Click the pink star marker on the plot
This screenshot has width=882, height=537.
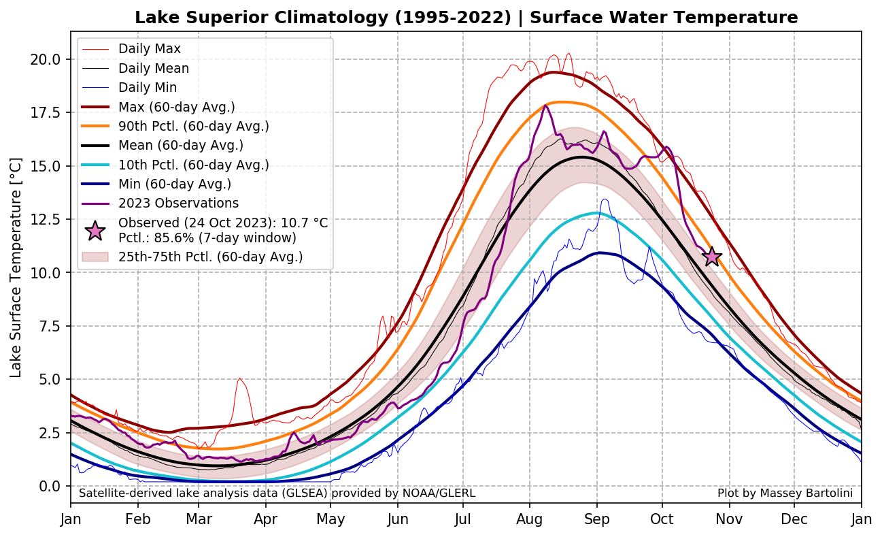(x=712, y=257)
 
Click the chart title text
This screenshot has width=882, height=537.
(x=466, y=18)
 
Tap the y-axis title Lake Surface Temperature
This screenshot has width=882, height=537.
(x=16, y=267)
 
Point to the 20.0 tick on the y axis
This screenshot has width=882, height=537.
(x=46, y=59)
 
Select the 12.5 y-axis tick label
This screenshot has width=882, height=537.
(x=46, y=219)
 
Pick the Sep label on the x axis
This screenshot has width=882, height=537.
(x=596, y=519)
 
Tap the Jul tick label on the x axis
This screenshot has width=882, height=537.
(x=463, y=519)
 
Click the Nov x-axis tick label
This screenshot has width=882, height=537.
(x=729, y=519)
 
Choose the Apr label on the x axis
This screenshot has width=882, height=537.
(x=265, y=519)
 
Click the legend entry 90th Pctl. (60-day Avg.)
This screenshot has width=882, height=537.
(x=193, y=126)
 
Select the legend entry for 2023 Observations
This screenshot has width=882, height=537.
(x=178, y=203)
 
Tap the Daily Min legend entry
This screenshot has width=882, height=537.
(x=148, y=87)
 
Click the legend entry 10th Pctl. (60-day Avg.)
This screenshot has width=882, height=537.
(x=193, y=165)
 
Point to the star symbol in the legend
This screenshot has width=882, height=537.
(x=95, y=231)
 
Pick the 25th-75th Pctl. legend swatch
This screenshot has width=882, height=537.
(x=95, y=257)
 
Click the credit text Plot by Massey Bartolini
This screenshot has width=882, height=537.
(x=785, y=493)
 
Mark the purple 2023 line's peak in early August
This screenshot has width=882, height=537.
(x=545, y=105)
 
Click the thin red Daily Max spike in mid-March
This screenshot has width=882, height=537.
(x=240, y=379)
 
